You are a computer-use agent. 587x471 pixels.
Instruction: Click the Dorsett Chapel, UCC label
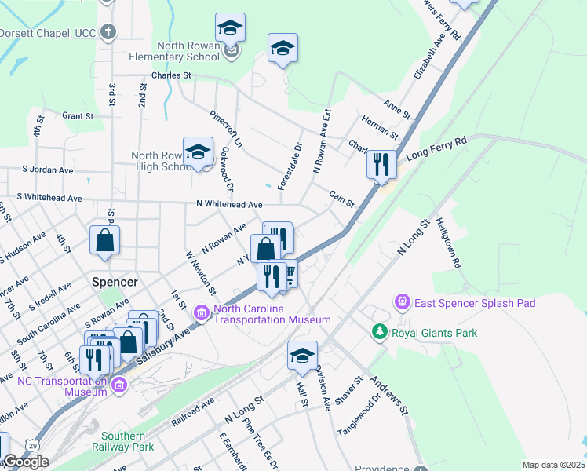coord(47,33)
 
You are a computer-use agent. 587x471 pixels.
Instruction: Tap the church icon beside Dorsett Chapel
coord(108,33)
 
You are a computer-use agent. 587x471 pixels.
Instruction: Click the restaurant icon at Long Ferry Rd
coord(381,166)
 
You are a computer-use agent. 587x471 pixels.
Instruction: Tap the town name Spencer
coord(115,282)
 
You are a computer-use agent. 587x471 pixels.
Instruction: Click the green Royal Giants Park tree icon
coord(381,333)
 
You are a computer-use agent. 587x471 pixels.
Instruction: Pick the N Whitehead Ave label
coord(229,205)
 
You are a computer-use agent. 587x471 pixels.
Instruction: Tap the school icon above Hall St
coord(302,356)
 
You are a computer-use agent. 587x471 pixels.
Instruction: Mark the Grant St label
coord(78,116)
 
